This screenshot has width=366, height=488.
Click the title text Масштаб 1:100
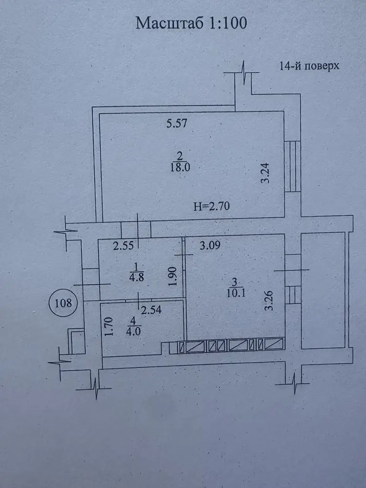191,23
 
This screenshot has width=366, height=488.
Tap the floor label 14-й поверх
309,66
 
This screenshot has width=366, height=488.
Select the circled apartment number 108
63,303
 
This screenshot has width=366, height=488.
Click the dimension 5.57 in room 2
177,123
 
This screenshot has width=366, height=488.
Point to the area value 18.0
180,167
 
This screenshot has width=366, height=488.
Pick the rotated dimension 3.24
265,173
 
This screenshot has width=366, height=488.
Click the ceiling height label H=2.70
211,206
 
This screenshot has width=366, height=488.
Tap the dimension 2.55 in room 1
123,246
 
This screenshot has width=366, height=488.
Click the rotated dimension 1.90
174,276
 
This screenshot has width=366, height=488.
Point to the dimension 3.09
210,245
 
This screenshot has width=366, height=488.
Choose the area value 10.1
236,293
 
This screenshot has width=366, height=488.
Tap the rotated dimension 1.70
108,326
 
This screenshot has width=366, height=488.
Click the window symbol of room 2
292,166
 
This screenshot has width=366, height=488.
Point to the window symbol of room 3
293,295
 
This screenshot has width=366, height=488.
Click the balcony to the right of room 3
323,290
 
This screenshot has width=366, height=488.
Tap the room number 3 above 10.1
234,282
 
